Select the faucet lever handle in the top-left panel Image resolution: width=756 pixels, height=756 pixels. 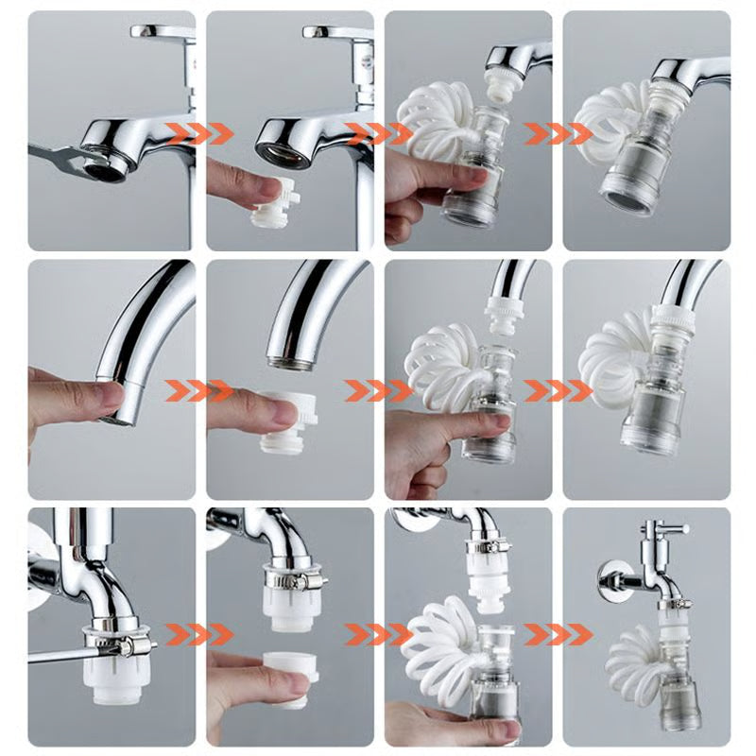coord(161,31)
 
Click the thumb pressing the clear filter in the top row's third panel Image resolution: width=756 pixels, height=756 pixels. coord(469,176)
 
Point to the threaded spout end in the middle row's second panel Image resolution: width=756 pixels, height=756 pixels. coord(287,359)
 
